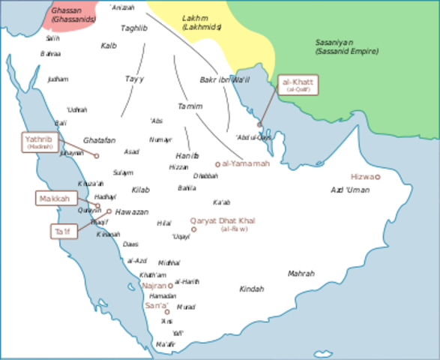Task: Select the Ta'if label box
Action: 62,232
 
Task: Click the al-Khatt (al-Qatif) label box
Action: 298,84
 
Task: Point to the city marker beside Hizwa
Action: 378,177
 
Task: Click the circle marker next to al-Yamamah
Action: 218,164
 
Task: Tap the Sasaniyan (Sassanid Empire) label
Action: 346,47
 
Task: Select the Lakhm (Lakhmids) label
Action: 202,22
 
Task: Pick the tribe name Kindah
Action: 252,289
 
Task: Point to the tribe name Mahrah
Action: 301,274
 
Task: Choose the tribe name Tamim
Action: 190,106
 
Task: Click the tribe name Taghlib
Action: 134,28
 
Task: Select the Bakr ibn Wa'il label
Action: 224,79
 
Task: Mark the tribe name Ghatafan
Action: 99,140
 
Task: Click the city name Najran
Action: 154,286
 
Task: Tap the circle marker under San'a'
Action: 167,311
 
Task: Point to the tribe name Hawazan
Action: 131,212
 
